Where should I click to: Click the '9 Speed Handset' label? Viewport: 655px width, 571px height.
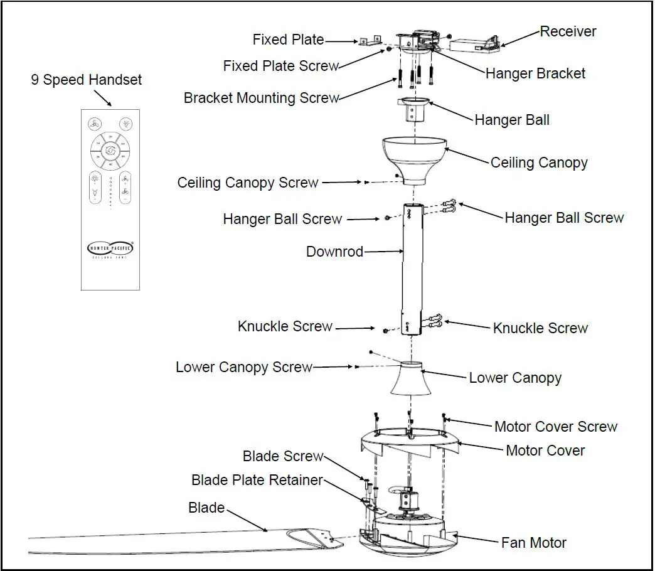pos(87,80)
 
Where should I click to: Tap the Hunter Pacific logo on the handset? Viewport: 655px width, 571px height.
pos(110,248)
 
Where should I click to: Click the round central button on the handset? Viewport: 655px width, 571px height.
pos(110,151)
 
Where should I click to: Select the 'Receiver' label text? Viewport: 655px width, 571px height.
pos(568,31)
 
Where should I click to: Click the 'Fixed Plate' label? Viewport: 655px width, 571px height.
pos(288,40)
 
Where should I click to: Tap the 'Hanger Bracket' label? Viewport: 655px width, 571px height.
pos(535,73)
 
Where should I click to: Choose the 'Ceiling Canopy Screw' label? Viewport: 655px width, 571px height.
pos(248,183)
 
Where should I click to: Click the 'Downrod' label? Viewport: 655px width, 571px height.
pos(334,252)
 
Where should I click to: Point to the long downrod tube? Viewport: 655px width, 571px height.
pos(412,270)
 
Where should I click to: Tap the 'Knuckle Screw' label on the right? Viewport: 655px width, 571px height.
pos(540,328)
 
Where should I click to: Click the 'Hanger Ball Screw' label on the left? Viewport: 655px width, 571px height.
pos(282,219)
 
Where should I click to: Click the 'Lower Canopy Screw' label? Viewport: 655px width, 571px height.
pos(243,367)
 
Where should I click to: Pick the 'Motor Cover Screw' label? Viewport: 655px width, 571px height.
pos(556,427)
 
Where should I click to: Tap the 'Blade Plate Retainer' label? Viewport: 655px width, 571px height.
pos(257,480)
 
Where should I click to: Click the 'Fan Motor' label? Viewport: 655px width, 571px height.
pos(533,542)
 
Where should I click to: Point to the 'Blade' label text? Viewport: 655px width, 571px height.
pos(206,508)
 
